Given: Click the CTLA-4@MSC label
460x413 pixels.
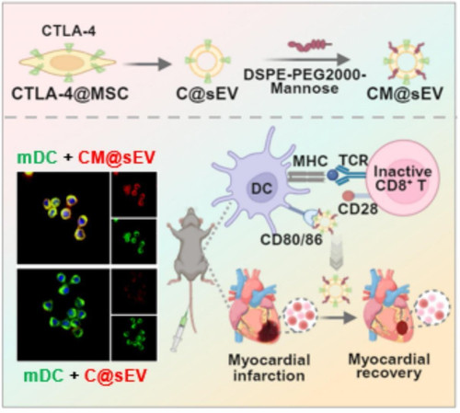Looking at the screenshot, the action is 70,94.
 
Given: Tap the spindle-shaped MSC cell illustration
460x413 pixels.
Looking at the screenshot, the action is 67,63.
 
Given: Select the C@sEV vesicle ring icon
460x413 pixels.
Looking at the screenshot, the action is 207,61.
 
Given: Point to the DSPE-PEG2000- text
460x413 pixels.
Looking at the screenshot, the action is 305,75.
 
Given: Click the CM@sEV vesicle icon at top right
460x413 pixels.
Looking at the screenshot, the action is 406,62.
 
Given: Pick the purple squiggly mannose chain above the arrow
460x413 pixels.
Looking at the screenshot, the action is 310,45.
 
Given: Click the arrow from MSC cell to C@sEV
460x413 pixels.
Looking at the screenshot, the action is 146,64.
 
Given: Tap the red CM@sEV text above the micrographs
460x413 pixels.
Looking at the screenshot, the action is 117,157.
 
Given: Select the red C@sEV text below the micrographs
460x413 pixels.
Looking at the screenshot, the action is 116,375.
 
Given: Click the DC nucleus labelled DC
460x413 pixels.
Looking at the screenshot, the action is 261,188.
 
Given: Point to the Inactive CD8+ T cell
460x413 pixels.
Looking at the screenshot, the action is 403,178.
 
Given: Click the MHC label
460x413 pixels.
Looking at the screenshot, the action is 310,161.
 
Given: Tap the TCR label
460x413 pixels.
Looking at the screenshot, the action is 353,160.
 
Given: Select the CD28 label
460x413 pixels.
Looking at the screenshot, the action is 358,209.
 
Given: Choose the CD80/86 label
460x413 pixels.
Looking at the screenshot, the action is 292,239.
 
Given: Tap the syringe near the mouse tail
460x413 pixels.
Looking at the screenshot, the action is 178,330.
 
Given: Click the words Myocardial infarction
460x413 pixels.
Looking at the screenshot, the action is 269,367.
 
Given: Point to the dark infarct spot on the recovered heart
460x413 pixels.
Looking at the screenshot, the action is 402,327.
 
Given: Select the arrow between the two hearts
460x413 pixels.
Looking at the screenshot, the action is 336,317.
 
